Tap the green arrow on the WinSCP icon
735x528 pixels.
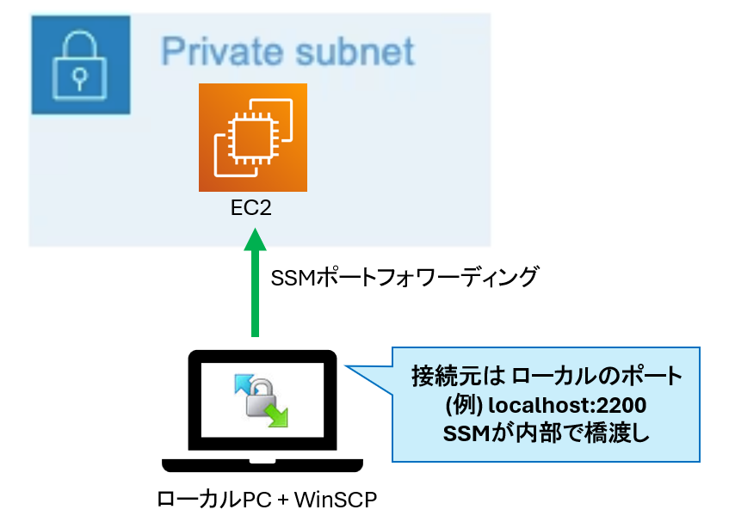point(277,416)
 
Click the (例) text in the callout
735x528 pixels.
point(458,405)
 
